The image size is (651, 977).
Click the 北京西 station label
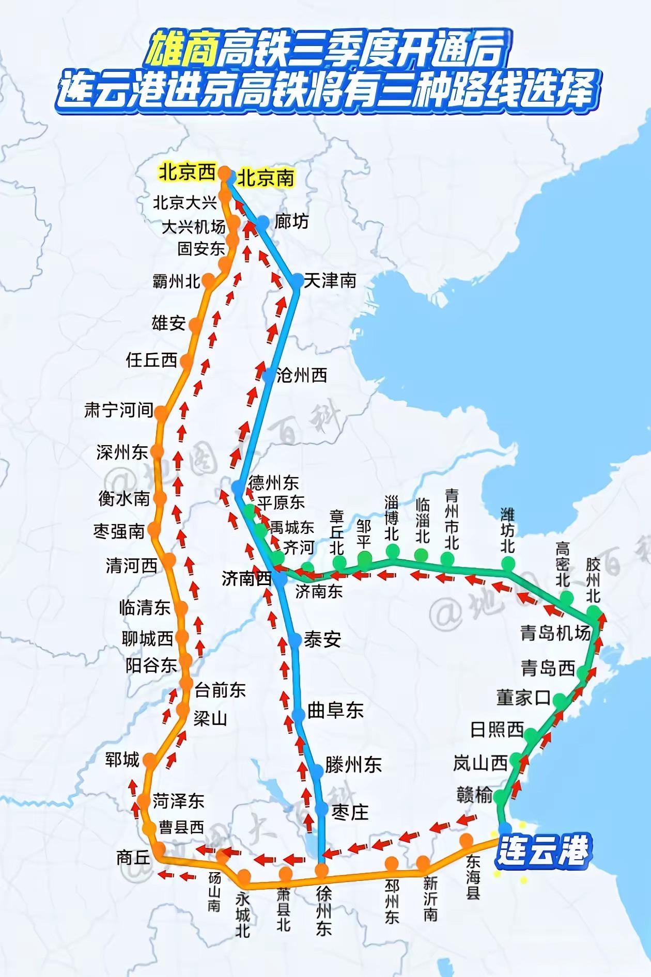(x=187, y=172)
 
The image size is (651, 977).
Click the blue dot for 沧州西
(x=268, y=375)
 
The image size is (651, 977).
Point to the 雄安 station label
(x=168, y=323)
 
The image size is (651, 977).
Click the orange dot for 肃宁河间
(x=161, y=412)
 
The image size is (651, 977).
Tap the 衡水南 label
(x=124, y=498)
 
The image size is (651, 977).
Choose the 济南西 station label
(x=246, y=579)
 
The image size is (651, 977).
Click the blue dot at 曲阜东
(x=299, y=715)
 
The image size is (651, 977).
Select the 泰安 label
(x=322, y=640)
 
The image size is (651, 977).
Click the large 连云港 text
(x=542, y=850)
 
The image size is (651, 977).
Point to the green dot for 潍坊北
(x=508, y=560)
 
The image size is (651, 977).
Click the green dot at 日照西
(x=531, y=732)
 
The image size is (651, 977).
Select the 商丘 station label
(x=133, y=857)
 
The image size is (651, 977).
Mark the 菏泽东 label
(x=178, y=801)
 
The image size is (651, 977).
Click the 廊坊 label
(x=291, y=222)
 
